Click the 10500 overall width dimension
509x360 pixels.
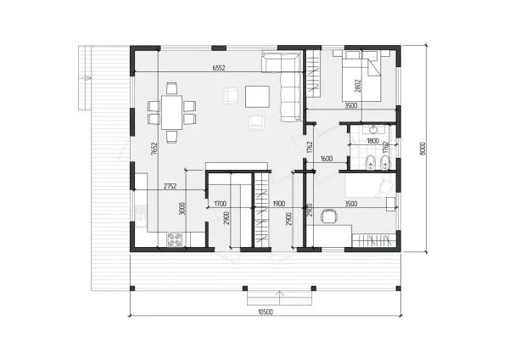coord(266,312)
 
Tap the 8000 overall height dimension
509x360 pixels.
coord(422,149)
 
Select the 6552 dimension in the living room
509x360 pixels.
coord(219,68)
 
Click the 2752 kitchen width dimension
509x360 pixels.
coord(171,186)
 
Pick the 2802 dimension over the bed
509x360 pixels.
coord(358,86)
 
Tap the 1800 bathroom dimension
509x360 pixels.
coord(373,141)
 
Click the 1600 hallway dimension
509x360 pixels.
coord(327,159)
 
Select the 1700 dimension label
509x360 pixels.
coord(221,204)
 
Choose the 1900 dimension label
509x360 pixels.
coord(279,204)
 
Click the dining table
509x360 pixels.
coord(171,112)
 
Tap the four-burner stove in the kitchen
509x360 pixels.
coord(175,239)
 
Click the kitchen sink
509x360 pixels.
coord(141,220)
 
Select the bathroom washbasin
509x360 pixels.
coord(374,130)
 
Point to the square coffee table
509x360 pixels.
coord(257,97)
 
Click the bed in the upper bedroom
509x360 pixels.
coord(361,76)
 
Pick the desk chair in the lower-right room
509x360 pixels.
coord(328,217)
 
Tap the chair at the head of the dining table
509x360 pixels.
coord(171,88)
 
